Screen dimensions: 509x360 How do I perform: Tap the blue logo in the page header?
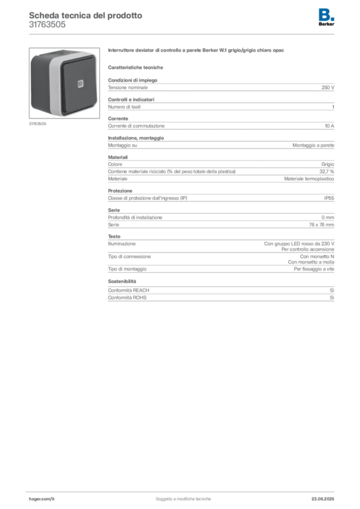tap(327, 14)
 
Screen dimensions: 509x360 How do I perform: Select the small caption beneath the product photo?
tap(37, 123)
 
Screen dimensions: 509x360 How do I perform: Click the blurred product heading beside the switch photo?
tap(196, 51)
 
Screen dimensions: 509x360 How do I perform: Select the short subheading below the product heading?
tap(137, 67)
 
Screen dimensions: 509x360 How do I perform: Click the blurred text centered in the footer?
tap(184, 497)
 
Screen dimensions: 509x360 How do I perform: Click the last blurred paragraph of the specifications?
tap(220, 291)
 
